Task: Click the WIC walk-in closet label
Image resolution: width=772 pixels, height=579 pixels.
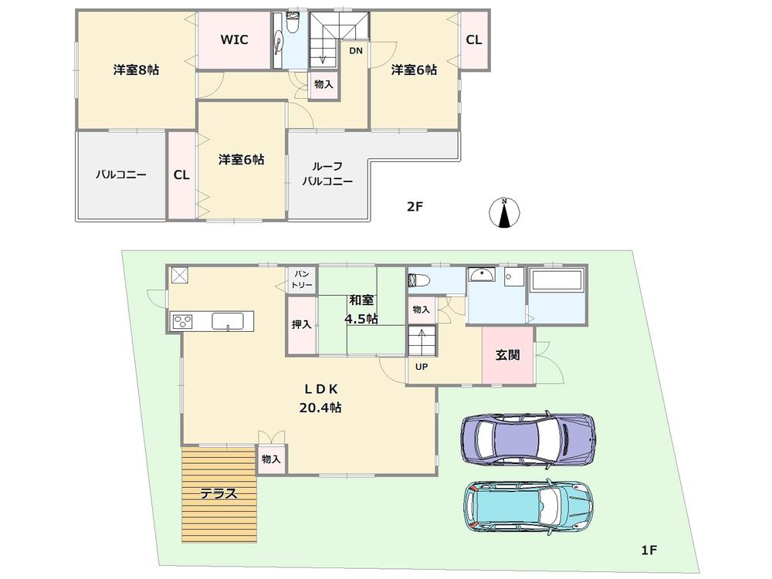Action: (234, 40)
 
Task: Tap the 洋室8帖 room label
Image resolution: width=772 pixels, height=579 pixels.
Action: (136, 70)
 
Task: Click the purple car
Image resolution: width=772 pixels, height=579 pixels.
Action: (528, 438)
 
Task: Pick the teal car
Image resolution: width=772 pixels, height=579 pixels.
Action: (529, 507)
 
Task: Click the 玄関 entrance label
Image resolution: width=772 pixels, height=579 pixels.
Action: (507, 355)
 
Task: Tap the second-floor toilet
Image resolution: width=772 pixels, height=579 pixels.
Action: (291, 25)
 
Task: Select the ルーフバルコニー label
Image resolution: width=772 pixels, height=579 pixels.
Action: (332, 174)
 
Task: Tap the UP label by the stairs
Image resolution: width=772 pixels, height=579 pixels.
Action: (422, 366)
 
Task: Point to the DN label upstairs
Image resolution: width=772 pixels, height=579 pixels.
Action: (355, 51)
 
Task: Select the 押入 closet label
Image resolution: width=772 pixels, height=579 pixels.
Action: (301, 325)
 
